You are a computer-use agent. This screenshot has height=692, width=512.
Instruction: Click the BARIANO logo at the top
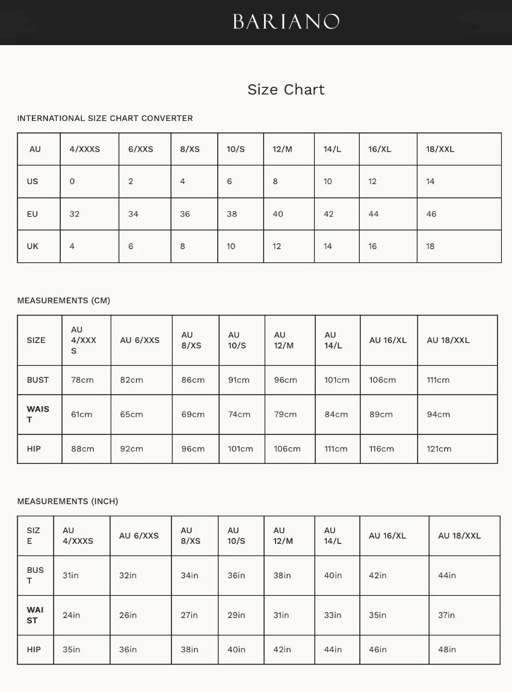coord(286,22)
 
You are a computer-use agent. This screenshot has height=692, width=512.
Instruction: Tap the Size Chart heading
coord(286,90)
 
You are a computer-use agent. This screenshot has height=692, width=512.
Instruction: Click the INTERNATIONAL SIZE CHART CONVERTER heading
coord(105,119)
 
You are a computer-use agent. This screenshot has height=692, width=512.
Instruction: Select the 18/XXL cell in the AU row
coord(440,149)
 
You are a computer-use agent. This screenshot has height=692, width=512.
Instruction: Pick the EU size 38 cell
coord(232,214)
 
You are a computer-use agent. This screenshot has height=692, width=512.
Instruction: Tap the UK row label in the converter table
coord(32,247)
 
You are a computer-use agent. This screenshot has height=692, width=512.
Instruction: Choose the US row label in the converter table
coord(32,182)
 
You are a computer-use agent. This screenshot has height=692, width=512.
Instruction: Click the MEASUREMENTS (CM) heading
coord(63,301)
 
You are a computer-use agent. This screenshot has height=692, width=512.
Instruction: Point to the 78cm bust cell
coord(82,380)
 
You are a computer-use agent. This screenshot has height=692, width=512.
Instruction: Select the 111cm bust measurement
coord(438,380)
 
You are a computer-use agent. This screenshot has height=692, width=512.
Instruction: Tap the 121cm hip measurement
coord(439,449)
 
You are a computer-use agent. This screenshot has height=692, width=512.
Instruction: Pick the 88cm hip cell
coord(82,449)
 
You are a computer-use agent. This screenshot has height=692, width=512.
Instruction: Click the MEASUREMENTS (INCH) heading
coord(67,501)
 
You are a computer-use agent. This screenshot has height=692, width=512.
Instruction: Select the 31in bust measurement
coord(70,576)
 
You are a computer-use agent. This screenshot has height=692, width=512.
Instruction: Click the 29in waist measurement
coord(236,616)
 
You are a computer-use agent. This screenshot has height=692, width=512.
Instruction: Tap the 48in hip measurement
coord(447,650)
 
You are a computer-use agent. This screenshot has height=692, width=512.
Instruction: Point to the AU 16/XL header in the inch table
coord(387,536)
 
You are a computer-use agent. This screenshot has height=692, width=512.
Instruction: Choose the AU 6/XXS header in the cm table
coord(140,341)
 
